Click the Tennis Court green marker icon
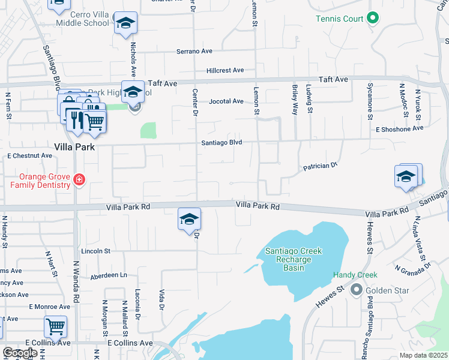[x=372, y=19]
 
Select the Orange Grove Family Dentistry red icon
[x=78, y=179]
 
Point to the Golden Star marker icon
[x=356, y=291]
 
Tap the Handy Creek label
[x=355, y=275]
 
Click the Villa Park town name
[x=76, y=147]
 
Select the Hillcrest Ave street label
[x=225, y=70]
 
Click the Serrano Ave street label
[x=194, y=52]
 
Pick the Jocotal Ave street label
[x=226, y=101]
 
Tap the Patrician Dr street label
[x=321, y=166]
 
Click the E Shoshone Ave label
[x=400, y=128]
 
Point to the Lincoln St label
[x=95, y=251]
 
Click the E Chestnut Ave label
[x=29, y=155]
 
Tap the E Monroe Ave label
[x=50, y=307]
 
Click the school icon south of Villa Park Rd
[x=189, y=220]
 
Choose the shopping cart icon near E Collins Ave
[x=55, y=326]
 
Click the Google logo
[x=20, y=353]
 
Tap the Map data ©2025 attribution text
[x=423, y=355]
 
